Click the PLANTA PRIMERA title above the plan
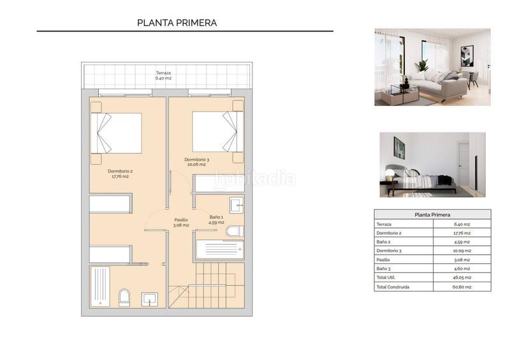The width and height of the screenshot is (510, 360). tap(177, 23)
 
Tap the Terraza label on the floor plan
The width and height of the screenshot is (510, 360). tap(163, 75)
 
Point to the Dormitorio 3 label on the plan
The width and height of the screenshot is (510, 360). tap(196, 162)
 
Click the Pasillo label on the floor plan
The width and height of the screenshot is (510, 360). tap(181, 222)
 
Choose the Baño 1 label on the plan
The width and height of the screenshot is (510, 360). tap(217, 220)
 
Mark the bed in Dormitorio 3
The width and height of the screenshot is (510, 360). tap(217, 132)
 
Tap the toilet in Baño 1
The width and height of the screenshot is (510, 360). tap(234, 231)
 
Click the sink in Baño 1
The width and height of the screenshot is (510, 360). tap(235, 205)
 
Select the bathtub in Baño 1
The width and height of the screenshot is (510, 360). tap(219, 249)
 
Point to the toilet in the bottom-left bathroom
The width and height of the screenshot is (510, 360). tap(124, 297)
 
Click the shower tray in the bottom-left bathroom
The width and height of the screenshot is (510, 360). tap(101, 287)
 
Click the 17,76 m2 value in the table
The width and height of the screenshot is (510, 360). tap(462, 233)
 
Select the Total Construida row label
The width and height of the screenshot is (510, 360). tap(393, 287)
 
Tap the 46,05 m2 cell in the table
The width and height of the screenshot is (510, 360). tap(462, 278)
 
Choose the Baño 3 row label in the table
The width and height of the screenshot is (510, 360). tap(384, 269)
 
